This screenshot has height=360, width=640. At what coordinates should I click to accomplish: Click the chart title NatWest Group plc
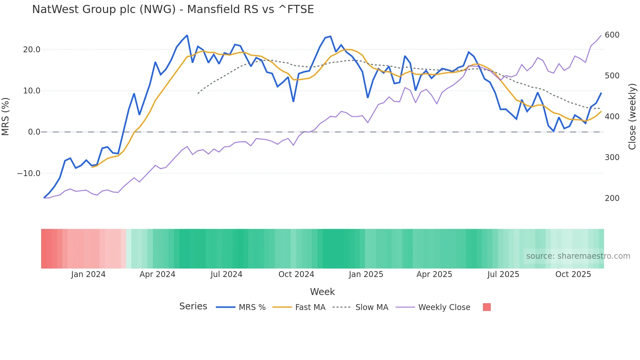[x=173, y=9]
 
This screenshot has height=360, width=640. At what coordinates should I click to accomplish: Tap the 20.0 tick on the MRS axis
[x=32, y=50]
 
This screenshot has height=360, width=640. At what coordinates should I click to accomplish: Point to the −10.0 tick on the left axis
[x=29, y=173]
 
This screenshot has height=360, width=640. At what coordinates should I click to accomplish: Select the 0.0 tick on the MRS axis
[x=34, y=132]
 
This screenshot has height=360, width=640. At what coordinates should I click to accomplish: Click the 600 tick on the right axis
[x=612, y=35]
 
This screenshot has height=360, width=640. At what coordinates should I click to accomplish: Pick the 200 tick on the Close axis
[x=612, y=198]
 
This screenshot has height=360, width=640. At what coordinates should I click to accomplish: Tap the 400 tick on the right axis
[x=612, y=117]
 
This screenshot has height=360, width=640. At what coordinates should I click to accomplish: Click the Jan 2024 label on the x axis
[x=88, y=274]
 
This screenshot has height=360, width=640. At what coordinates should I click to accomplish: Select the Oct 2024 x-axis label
[x=296, y=274]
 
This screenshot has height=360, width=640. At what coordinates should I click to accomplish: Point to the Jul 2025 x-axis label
[x=503, y=274]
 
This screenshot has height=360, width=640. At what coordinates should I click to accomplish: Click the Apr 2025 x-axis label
[x=434, y=274]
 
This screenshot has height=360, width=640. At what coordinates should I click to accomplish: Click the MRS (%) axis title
[x=6, y=117]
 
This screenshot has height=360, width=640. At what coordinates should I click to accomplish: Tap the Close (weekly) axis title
[x=632, y=117]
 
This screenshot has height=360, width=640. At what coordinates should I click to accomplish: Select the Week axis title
[x=322, y=292]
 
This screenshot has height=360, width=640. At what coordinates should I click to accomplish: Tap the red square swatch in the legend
[x=487, y=307]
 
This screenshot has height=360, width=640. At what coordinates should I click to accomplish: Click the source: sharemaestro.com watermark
[x=578, y=256]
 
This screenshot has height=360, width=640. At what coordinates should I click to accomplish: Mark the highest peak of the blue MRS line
[x=187, y=35]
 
